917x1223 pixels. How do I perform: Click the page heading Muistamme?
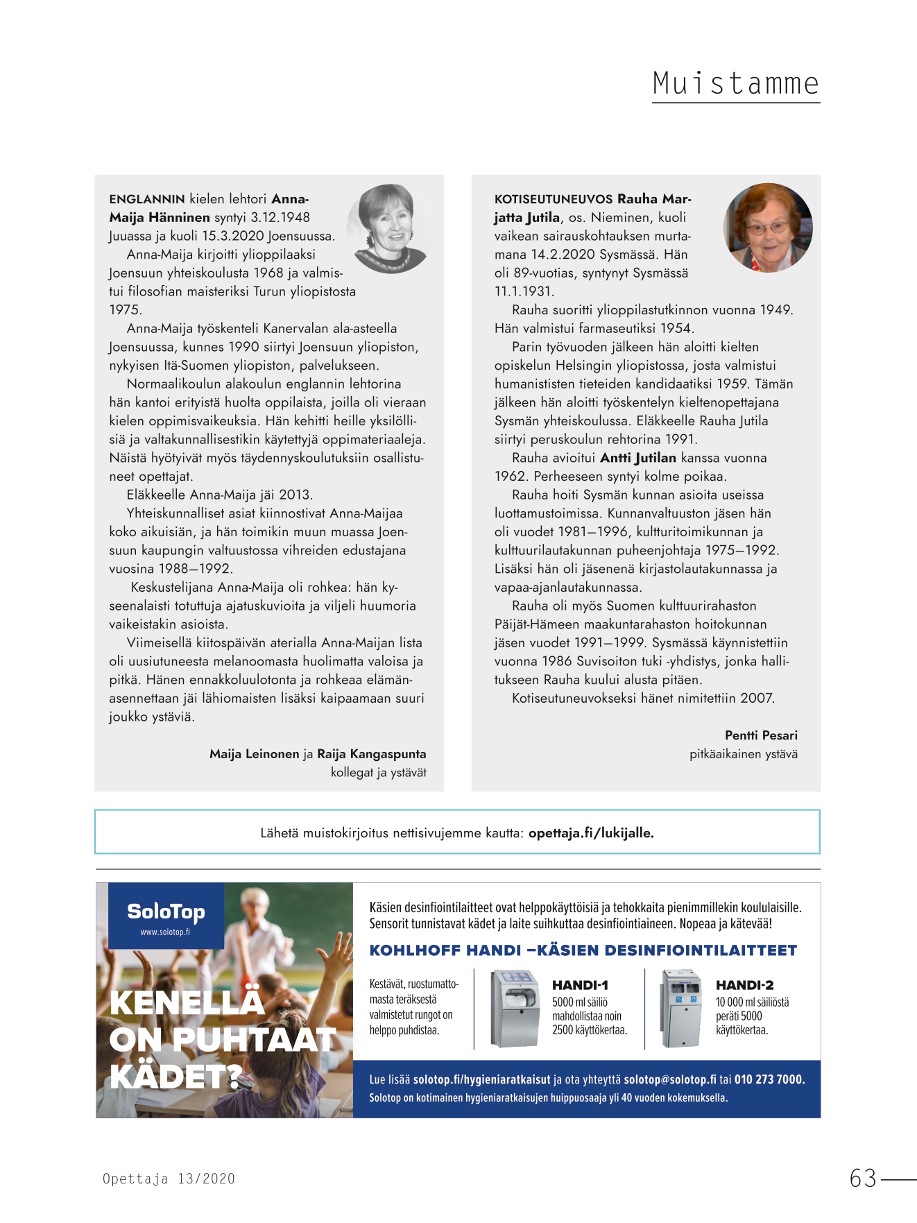[x=735, y=84]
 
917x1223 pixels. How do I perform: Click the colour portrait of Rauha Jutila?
[x=768, y=228]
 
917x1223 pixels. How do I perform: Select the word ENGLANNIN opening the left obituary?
[x=147, y=199]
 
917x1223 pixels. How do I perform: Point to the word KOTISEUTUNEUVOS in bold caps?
[x=553, y=199]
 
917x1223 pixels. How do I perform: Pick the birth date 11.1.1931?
[x=524, y=291]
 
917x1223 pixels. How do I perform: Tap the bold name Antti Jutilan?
[x=637, y=458]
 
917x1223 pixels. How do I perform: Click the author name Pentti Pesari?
[x=761, y=735]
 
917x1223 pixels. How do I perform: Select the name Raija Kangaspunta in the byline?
[x=371, y=754]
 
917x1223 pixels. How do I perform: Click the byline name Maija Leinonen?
[x=254, y=754]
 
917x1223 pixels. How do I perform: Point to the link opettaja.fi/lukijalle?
[x=591, y=833]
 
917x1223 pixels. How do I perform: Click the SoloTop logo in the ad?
[x=166, y=913]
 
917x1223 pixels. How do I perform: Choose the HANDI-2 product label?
[x=744, y=985]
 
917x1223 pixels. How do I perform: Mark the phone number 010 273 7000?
[x=769, y=1079]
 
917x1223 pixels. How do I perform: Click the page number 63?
[x=863, y=1179]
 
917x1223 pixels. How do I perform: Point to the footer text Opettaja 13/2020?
[x=169, y=1179]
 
